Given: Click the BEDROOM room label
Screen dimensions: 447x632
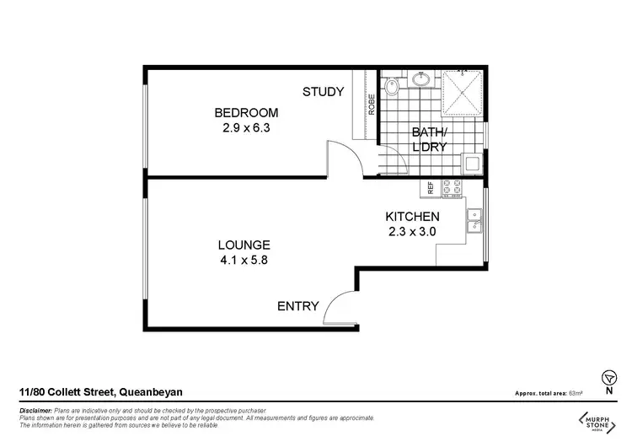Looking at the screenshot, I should point(246,112).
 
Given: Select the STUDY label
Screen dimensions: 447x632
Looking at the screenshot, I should point(323,92).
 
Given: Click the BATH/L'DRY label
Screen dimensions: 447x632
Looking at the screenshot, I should point(428,139).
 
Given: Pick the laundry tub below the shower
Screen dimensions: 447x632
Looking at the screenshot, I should point(473,163).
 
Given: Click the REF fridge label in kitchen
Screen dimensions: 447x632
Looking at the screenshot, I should point(430,188).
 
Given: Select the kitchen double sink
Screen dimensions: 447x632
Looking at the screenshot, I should point(476,219).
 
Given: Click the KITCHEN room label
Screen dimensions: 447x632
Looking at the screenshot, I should point(413,217).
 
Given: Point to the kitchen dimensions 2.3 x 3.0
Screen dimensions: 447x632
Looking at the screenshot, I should point(413,232).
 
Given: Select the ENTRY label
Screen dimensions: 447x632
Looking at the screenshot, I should point(298,306).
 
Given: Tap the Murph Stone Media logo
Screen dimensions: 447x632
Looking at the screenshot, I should point(600,421).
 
